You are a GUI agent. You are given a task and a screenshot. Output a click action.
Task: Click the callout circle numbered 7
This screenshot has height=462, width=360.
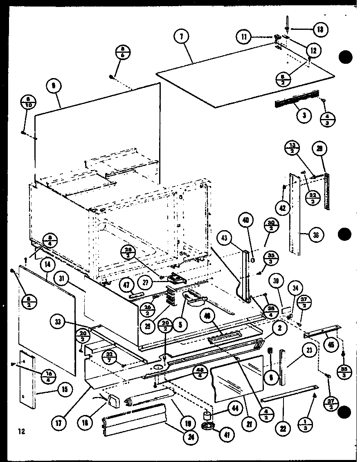point(181,37)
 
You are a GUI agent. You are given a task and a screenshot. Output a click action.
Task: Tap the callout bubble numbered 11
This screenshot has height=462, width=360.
point(244,37)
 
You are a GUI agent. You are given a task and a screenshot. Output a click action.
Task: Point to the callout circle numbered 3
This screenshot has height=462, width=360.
point(304,116)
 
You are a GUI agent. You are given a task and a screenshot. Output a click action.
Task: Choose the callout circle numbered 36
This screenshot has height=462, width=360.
point(316,234)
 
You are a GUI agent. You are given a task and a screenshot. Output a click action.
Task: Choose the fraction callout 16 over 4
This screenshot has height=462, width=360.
point(49,375)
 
